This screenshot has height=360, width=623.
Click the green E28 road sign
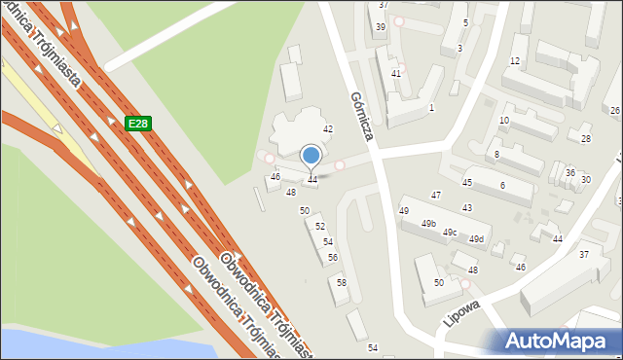pyautogui.click(x=137, y=124)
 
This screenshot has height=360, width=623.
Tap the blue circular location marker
pyautogui.click(x=311, y=155)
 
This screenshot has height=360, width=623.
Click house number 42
pyautogui.click(x=328, y=129)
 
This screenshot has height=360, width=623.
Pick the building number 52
pyautogui.click(x=319, y=226)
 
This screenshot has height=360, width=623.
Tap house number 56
pyautogui.click(x=333, y=258)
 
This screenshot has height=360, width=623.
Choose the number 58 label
pyautogui.click(x=342, y=282)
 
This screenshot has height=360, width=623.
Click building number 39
pyautogui.click(x=380, y=27)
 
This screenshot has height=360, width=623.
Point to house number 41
pyautogui.click(x=395, y=74)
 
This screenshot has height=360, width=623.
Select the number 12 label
pyautogui.click(x=514, y=61)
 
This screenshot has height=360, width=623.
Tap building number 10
pyautogui.click(x=503, y=121)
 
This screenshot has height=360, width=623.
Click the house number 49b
pyautogui.click(x=428, y=224)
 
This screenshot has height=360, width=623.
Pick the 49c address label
pyautogui.click(x=450, y=233)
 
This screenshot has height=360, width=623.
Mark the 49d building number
pyautogui.click(x=476, y=239)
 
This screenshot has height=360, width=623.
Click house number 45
pyautogui.click(x=467, y=183)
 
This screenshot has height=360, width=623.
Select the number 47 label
pyautogui.click(x=436, y=196)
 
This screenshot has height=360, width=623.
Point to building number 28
pyautogui.click(x=585, y=139)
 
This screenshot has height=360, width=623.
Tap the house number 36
pyautogui.click(x=569, y=172)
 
